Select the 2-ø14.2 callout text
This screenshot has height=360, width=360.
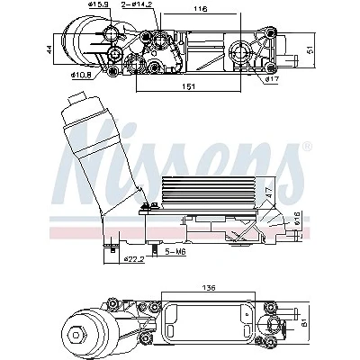136,4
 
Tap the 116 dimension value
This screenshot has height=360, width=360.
201,9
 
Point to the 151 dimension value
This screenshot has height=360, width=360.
189,86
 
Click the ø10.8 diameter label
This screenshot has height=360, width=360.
81,75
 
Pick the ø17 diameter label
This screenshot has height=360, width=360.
272,79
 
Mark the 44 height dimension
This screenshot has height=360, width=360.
49,49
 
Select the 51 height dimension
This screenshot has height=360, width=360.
311,49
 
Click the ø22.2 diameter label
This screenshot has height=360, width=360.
134,258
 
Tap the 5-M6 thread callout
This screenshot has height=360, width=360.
175,252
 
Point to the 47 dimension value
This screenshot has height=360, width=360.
269,192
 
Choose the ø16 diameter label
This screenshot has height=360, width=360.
297,218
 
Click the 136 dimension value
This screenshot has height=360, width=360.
209,288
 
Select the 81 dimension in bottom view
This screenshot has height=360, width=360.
304,323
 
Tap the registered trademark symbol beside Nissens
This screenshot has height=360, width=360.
307,147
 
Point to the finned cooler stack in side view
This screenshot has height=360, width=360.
209,193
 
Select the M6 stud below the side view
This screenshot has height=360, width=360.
155,249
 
